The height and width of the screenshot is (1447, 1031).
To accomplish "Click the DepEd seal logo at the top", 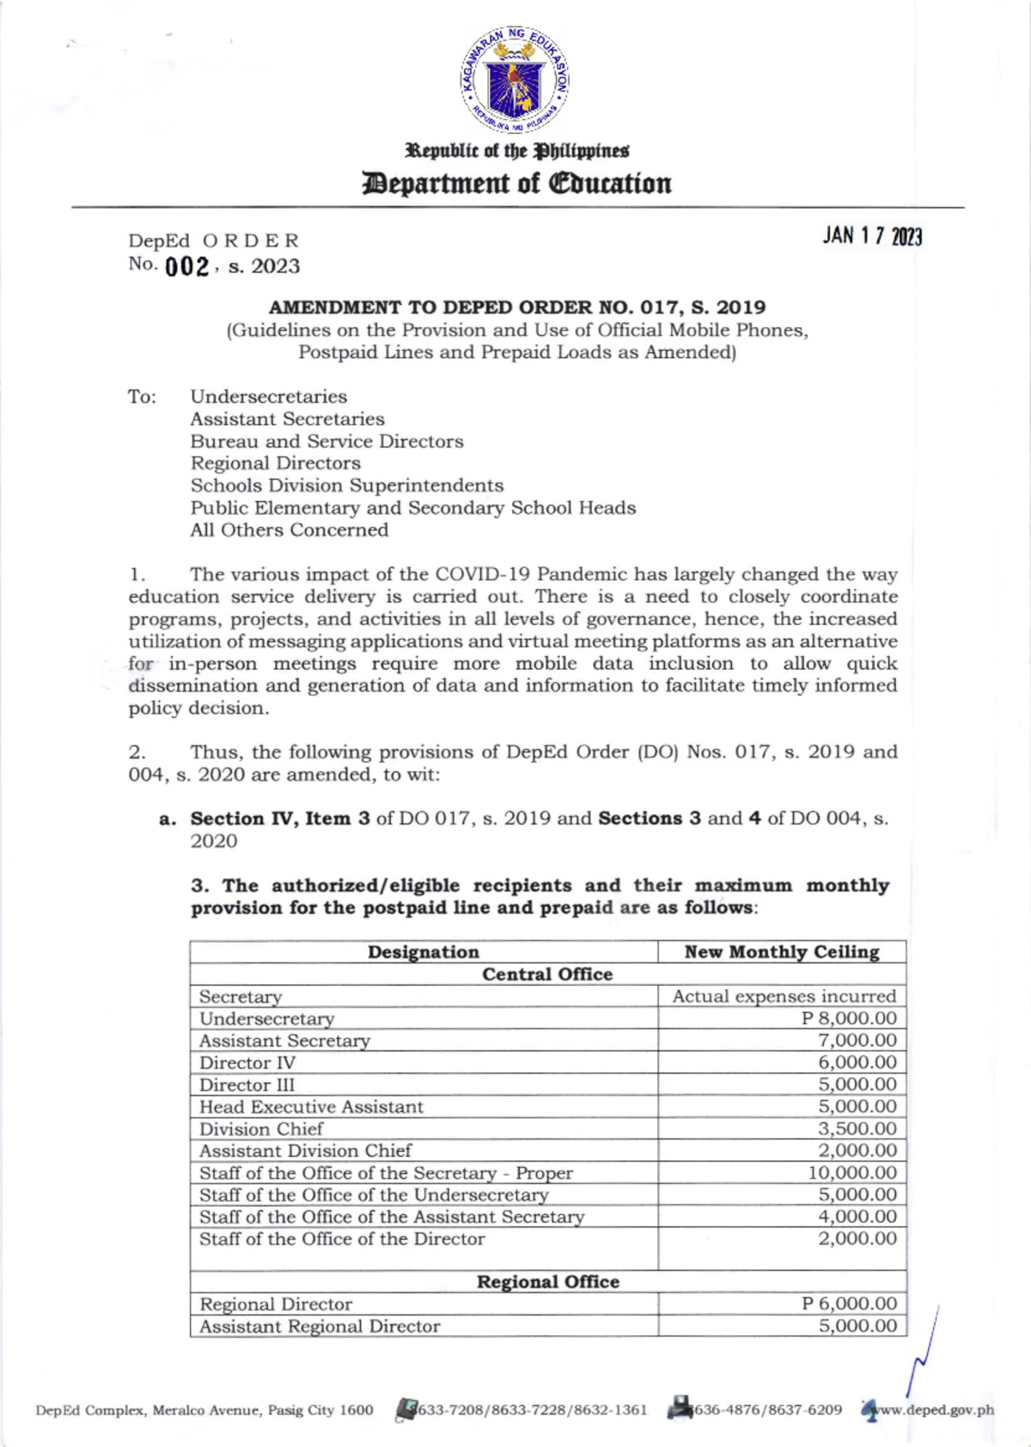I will click(x=515, y=80).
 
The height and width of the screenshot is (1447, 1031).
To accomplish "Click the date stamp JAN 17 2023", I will click(x=871, y=236).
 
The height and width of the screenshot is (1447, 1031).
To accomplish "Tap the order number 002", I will click(x=186, y=267).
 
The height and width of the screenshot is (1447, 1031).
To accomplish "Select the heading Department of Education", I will click(x=516, y=184).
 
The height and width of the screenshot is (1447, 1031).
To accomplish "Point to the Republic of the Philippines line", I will click(x=517, y=151).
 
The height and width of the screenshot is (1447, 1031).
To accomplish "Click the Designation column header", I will click(x=424, y=951).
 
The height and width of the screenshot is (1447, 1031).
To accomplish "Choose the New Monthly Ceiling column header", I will click(x=782, y=951).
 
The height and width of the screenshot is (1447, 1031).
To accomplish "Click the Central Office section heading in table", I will click(x=547, y=974).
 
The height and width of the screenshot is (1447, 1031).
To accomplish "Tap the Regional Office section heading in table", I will click(x=548, y=1281).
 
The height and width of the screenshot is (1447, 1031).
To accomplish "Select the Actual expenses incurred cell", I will click(x=784, y=996).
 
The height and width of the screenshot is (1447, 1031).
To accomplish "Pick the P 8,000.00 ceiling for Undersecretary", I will click(x=849, y=1018).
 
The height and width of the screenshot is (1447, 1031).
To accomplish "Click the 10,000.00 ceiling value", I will click(x=851, y=1172).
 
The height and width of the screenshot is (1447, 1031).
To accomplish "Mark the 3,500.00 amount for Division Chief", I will click(x=857, y=1128).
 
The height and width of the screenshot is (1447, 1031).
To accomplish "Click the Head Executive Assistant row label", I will click(x=311, y=1107).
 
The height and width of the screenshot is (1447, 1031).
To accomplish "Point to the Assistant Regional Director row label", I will click(x=320, y=1326).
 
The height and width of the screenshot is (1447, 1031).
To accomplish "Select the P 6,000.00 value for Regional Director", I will click(x=849, y=1304).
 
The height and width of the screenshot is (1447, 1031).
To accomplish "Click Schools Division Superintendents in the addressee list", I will click(x=347, y=485).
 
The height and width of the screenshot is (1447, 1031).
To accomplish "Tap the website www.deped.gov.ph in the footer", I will click(x=932, y=1409).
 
